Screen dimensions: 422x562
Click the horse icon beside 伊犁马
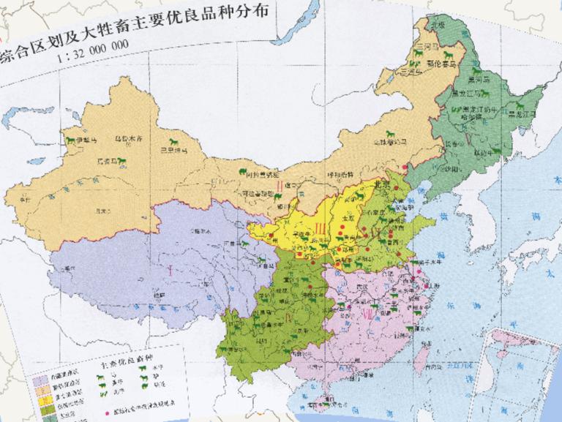tap(72, 138)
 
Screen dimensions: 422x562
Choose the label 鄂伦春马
tap(441, 63)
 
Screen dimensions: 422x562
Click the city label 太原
tap(354, 217)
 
